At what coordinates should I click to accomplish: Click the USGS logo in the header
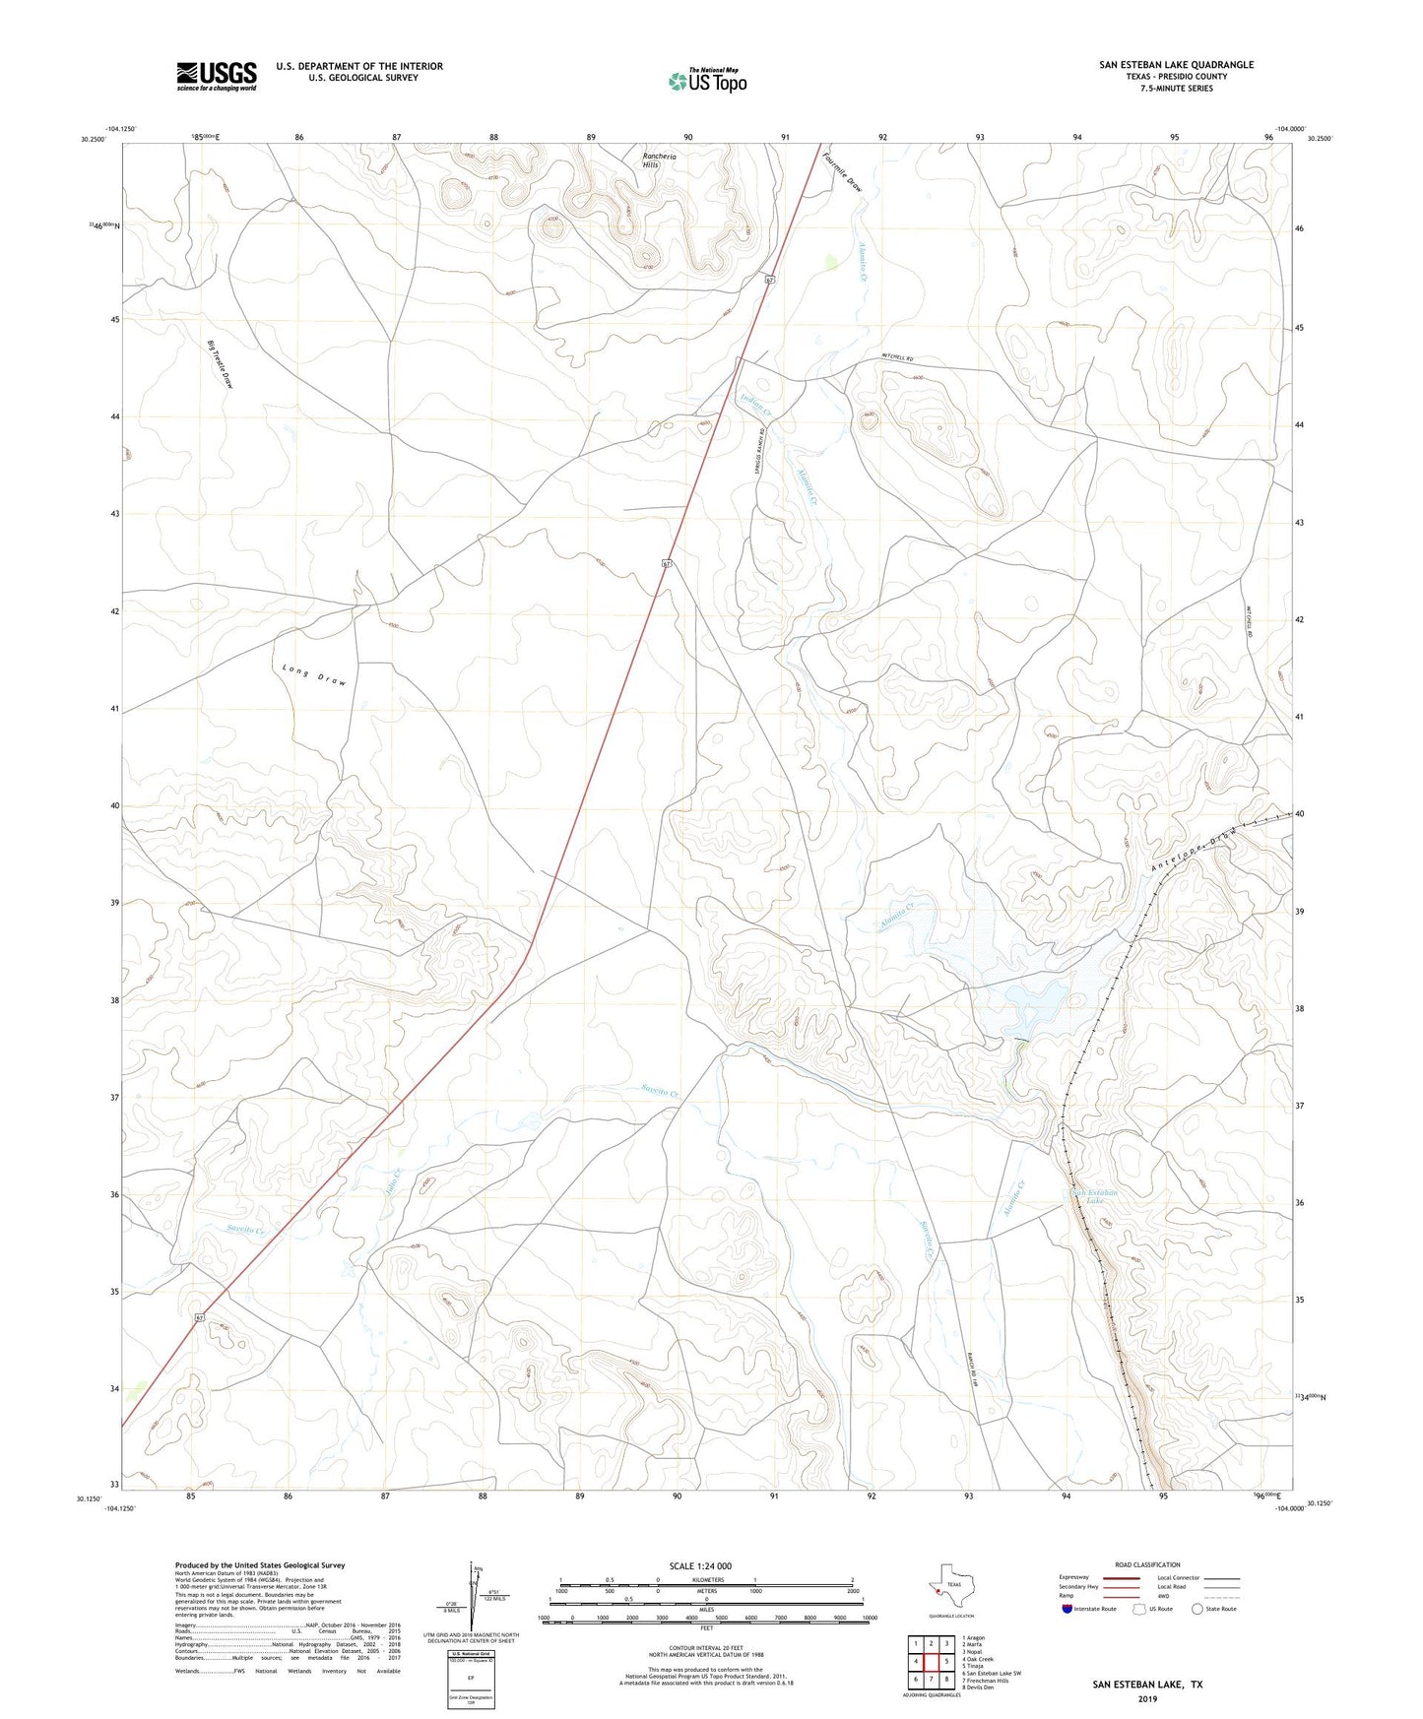pos(217,75)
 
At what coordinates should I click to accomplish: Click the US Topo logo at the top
pos(706,81)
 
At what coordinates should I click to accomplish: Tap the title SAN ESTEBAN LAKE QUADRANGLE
pos(1177,65)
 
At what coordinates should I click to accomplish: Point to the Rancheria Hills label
pos(650,160)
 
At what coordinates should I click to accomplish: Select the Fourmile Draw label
pos(844,170)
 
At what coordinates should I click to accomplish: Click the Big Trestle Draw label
pos(221,364)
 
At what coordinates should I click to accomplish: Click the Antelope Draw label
pos(1192,854)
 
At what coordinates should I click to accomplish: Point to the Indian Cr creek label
pos(756,403)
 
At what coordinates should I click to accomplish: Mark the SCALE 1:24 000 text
pos(700,1566)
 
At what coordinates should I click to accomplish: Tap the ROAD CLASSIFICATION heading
pos(1147,1564)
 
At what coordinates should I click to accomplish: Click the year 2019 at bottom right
pos(1147,1699)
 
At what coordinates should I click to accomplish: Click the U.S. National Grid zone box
pos(471,1681)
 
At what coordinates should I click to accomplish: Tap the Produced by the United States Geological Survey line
pos(260,1564)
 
